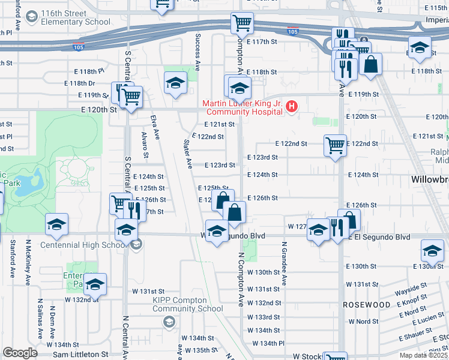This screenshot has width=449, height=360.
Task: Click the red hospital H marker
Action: pyautogui.click(x=292, y=108)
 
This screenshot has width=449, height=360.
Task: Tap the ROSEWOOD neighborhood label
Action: pyautogui.click(x=367, y=305)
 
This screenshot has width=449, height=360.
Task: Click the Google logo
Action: pyautogui.click(x=20, y=353)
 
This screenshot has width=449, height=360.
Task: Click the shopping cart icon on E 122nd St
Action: pyautogui.click(x=335, y=145)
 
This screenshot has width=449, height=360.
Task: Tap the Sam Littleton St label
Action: pyautogui.click(x=80, y=355)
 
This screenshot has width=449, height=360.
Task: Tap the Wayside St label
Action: pyautogui.click(x=411, y=292)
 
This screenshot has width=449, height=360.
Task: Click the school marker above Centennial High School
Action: pyautogui.click(x=126, y=230)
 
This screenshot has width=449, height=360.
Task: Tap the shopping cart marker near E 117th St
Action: pyautogui.click(x=242, y=24)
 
